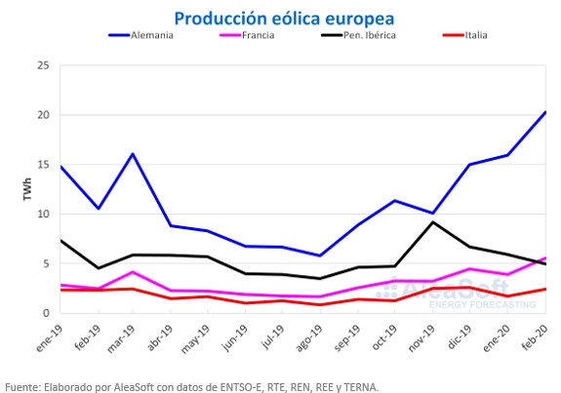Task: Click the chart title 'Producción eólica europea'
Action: [x=284, y=19]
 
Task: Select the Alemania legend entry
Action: [x=140, y=35]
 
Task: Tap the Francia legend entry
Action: [x=247, y=35]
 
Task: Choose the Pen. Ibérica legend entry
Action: [x=358, y=35]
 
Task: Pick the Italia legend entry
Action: [x=465, y=35]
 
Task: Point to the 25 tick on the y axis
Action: [x=43, y=65]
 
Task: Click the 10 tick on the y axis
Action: [x=43, y=214]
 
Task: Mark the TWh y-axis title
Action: [x=27, y=189]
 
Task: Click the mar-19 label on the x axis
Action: [x=122, y=338]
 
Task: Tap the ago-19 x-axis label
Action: [x=310, y=338]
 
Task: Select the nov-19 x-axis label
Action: [x=422, y=338]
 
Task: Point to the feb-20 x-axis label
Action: [x=535, y=337]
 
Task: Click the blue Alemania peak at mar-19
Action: [x=133, y=154]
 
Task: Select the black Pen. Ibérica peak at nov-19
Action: [x=433, y=222]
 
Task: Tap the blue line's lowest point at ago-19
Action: [x=320, y=255]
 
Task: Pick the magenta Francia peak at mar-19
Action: [x=133, y=272]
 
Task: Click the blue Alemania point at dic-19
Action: [x=470, y=165]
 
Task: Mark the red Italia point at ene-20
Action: [x=507, y=296]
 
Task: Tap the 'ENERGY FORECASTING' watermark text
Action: [x=482, y=304]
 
